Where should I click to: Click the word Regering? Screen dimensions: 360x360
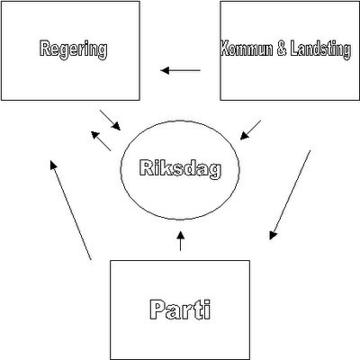click(73, 49)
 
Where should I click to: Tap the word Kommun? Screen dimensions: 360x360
click(247, 49)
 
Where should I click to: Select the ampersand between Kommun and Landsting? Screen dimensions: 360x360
click(282, 49)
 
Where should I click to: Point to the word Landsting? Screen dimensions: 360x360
click(320, 49)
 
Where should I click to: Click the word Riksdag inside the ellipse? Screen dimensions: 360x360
click(180, 169)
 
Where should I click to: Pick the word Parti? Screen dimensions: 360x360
click(180, 310)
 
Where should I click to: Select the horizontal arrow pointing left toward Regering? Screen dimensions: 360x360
click(181, 71)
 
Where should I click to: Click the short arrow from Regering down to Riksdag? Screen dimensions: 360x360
click(110, 120)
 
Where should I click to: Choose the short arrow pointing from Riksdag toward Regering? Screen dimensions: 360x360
click(101, 141)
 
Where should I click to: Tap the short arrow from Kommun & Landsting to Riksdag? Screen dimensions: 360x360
click(250, 130)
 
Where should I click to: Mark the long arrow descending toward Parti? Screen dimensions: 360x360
click(290, 195)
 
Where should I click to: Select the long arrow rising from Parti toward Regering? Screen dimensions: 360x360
click(70, 210)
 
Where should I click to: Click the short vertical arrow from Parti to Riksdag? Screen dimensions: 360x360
click(180, 240)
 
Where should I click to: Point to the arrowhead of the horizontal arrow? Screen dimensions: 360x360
click(165, 71)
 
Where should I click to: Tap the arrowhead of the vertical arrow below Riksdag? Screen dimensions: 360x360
click(180, 235)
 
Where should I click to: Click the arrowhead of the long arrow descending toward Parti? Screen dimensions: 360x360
click(273, 236)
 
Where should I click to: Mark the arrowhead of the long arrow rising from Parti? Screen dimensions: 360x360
click(53, 165)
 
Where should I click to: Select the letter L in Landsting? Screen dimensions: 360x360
click(294, 49)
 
